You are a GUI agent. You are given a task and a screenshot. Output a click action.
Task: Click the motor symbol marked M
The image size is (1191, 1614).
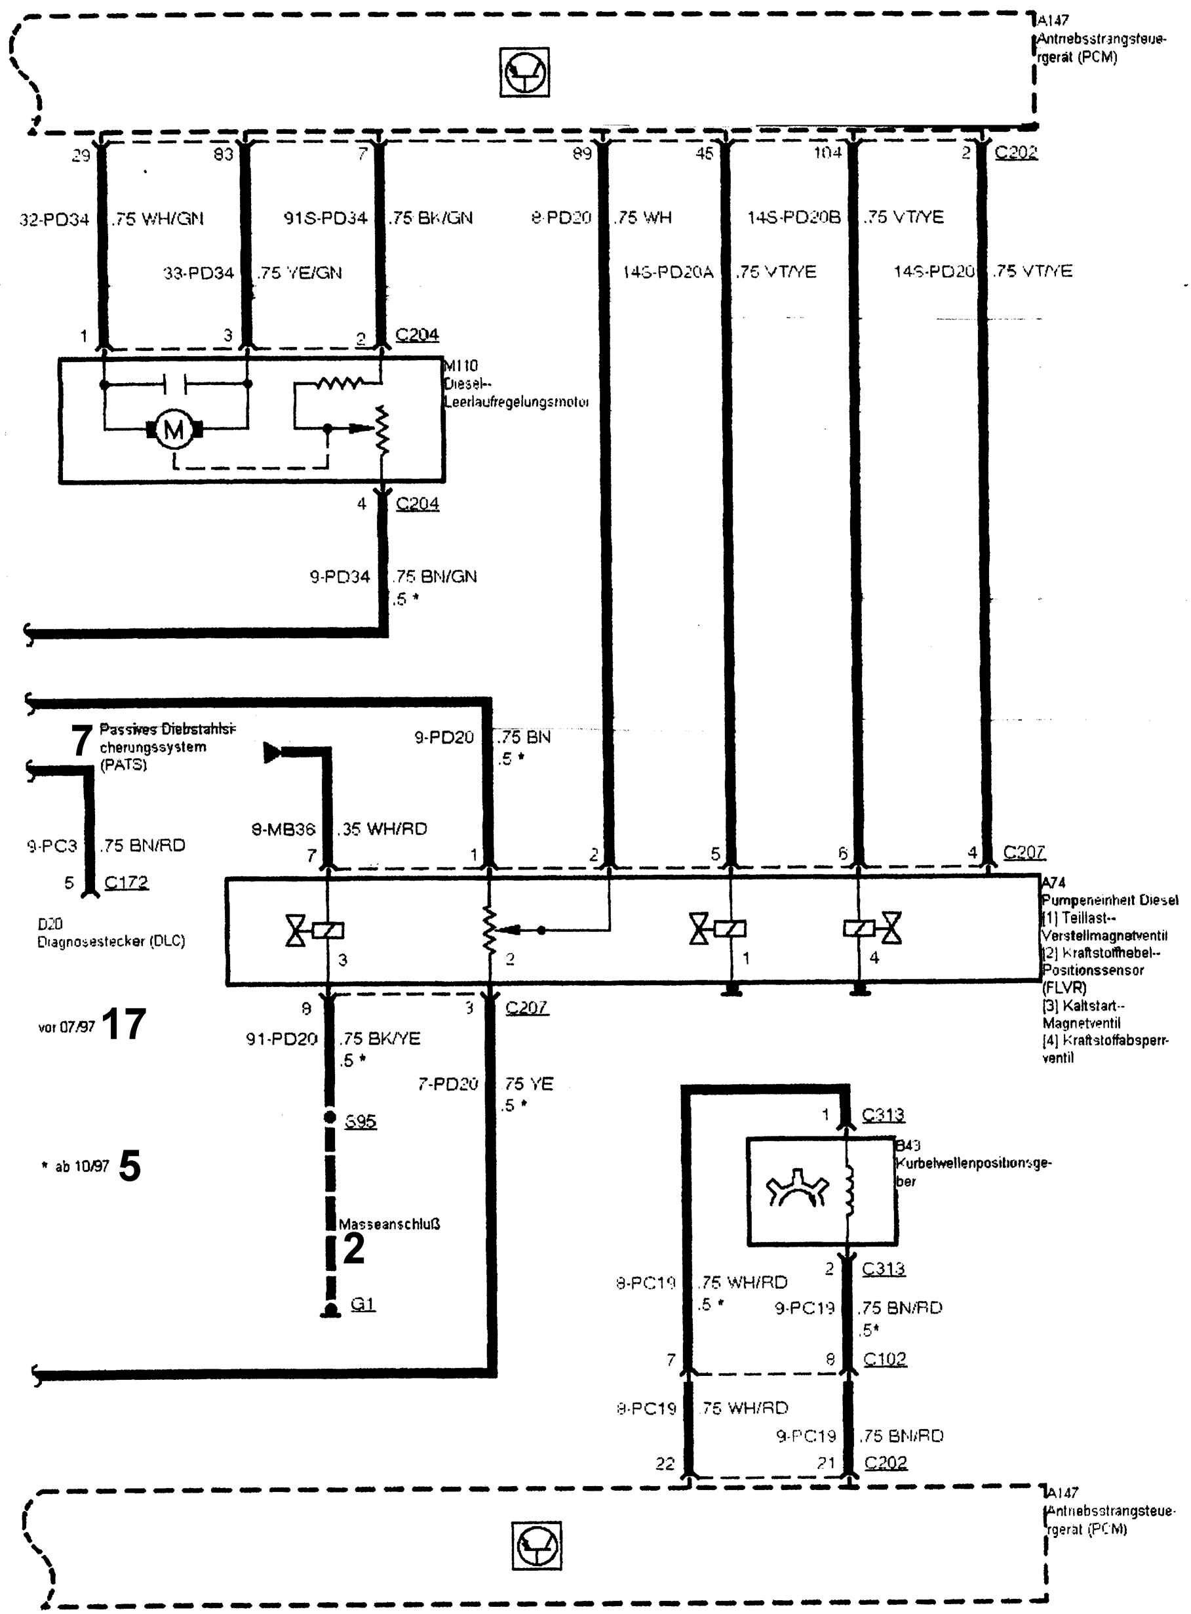174,430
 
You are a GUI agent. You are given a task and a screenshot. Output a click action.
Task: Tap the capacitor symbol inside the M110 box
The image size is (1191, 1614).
175,384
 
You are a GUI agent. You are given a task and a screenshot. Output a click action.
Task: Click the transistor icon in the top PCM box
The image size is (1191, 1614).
524,72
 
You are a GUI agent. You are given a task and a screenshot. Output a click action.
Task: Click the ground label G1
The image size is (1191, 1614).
362,1304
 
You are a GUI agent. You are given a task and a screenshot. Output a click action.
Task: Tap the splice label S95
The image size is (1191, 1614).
361,1121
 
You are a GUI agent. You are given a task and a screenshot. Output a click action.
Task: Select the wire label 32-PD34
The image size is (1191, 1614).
54,218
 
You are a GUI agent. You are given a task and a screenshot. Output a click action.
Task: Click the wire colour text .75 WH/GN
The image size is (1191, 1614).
158,218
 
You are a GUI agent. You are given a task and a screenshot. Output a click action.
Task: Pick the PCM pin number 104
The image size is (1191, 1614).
828,152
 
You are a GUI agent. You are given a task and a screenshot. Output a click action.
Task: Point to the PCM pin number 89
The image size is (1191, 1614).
582,153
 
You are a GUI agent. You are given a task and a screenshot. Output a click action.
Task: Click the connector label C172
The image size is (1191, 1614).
126,882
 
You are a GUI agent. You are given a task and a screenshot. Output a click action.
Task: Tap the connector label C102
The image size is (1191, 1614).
885,1359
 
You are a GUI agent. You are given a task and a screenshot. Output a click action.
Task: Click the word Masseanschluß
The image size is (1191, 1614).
389,1224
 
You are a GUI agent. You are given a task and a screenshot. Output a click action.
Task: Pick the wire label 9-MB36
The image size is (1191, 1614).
283,830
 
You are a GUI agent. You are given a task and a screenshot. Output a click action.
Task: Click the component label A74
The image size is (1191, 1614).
1053,882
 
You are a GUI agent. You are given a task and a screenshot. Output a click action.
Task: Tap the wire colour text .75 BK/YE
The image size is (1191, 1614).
381,1038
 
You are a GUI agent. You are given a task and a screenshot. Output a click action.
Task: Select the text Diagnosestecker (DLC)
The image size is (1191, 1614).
111,941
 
